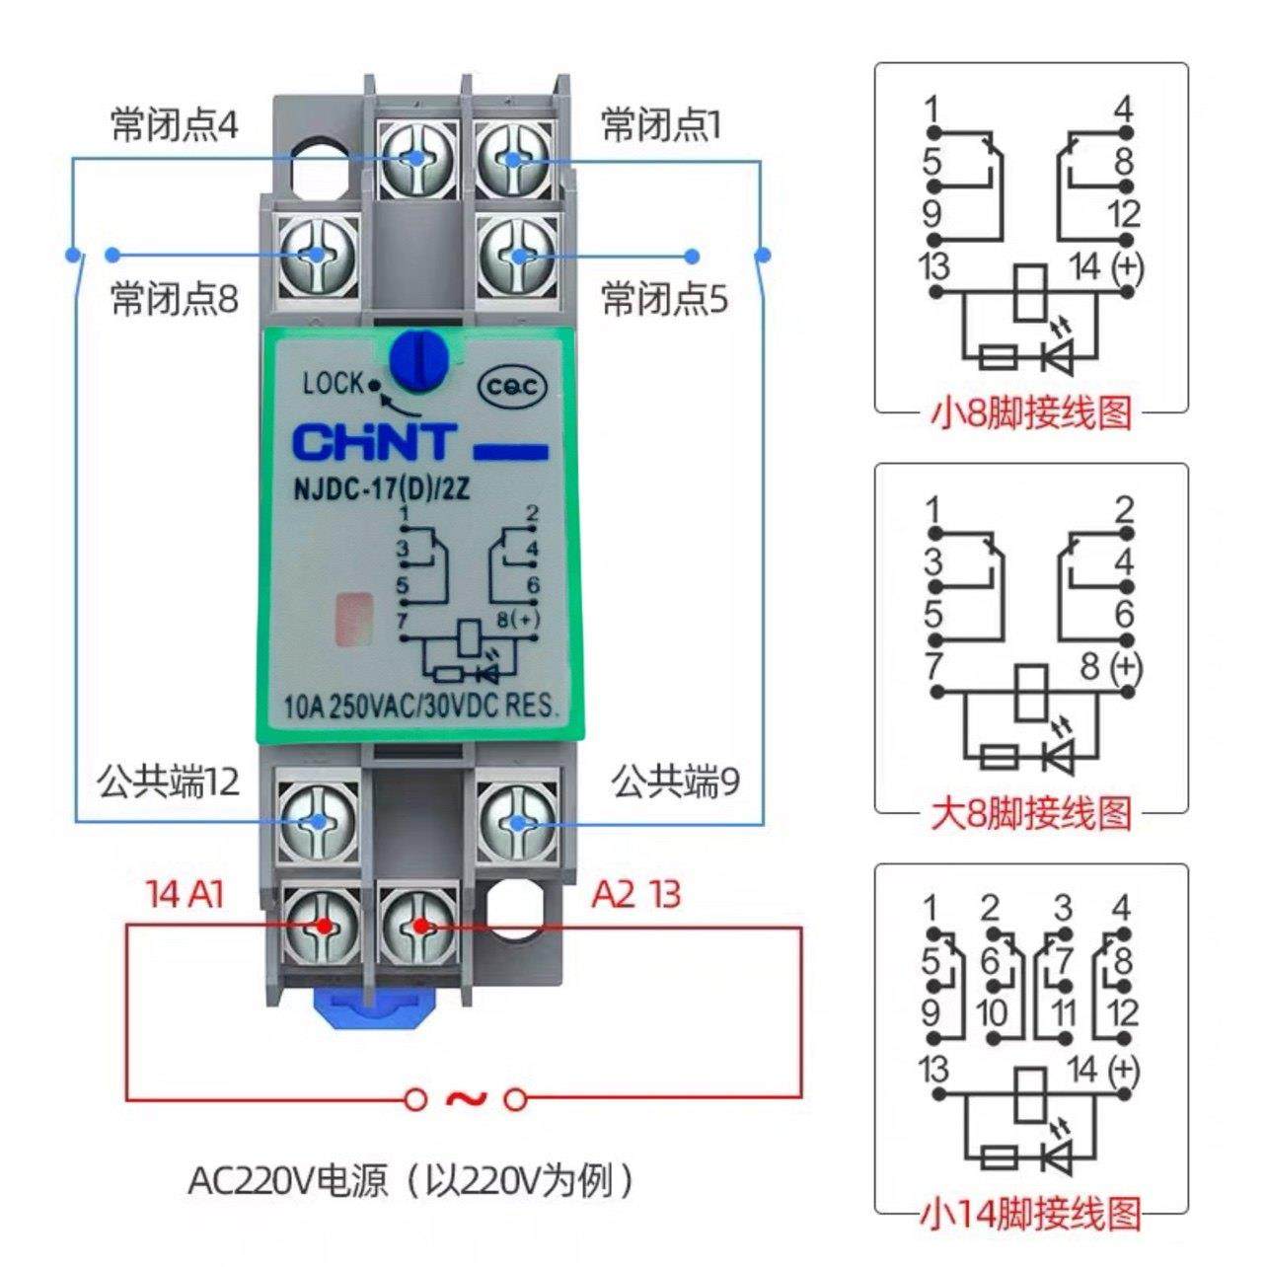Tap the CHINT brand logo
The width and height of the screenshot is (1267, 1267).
(x=374, y=443)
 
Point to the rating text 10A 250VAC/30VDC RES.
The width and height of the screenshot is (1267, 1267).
(x=421, y=707)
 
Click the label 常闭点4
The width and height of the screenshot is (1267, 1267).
(x=175, y=126)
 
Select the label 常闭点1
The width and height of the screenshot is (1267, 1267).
(x=661, y=126)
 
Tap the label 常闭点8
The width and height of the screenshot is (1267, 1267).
(x=175, y=299)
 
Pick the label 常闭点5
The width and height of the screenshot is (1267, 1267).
(x=664, y=299)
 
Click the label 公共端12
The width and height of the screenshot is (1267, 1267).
(x=168, y=783)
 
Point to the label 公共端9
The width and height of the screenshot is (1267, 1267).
(x=675, y=783)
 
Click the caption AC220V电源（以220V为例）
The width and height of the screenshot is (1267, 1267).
(x=411, y=1180)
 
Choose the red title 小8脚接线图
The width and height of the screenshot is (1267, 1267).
(x=1030, y=412)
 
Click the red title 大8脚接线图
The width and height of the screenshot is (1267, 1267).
(x=1030, y=813)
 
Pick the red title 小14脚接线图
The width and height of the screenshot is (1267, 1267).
(x=1030, y=1213)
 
